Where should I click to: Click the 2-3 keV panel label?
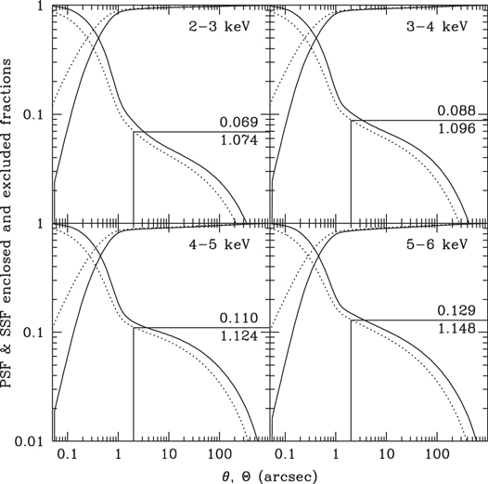pyautogui.click(x=222, y=26)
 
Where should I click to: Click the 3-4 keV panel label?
pyautogui.click(x=439, y=26)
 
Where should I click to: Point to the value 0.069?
pyautogui.click(x=238, y=122)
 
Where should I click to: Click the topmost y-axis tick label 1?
pyautogui.click(x=41, y=7)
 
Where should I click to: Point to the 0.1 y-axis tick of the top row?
pyautogui.click(x=35, y=115)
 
